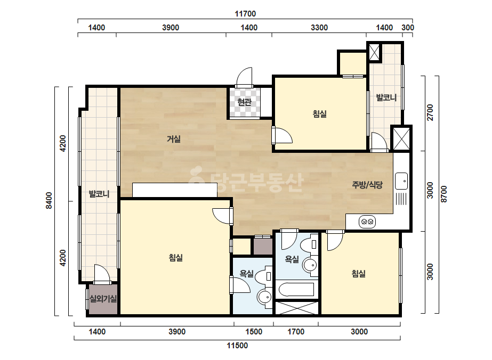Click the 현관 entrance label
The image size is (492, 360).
point(244,102)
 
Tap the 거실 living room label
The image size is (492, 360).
point(174,138)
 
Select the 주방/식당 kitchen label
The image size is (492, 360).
point(367,185)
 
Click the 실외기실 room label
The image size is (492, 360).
point(103,299)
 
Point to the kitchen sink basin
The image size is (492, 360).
point(401,181)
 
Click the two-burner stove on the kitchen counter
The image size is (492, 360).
point(367,222)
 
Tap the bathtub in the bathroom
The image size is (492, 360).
point(296,290)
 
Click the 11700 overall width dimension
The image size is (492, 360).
point(245,13)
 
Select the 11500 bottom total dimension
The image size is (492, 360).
point(237,346)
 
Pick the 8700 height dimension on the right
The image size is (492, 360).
point(443,194)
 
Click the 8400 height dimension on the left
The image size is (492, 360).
point(49,201)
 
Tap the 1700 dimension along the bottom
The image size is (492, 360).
point(296,331)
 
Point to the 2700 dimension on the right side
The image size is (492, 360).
point(430,112)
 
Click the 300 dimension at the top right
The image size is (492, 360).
point(408,28)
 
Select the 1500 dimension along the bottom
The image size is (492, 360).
point(254,331)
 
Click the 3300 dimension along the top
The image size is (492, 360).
point(319,28)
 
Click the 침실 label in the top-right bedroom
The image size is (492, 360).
point(320,113)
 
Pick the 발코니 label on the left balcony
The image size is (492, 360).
point(99,194)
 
